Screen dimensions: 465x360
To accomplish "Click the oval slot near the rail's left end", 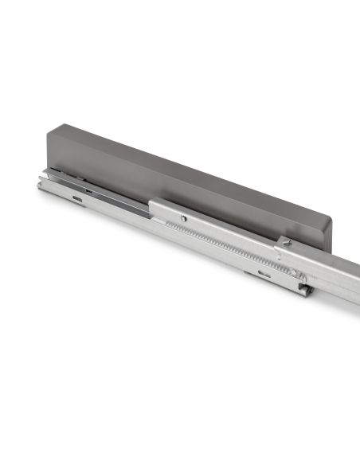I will click(x=76, y=198).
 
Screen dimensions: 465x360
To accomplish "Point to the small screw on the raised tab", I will click(x=288, y=242).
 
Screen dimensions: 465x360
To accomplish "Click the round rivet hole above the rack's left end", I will click(x=183, y=217).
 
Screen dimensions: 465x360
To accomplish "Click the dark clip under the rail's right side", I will click(x=304, y=289).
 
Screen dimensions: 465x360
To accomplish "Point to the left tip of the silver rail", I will click(x=39, y=184).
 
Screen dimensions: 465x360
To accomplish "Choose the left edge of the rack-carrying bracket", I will click(x=151, y=209).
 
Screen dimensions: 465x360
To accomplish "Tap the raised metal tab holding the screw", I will click(x=285, y=245).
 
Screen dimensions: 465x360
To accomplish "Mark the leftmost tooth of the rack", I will click(x=166, y=225).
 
